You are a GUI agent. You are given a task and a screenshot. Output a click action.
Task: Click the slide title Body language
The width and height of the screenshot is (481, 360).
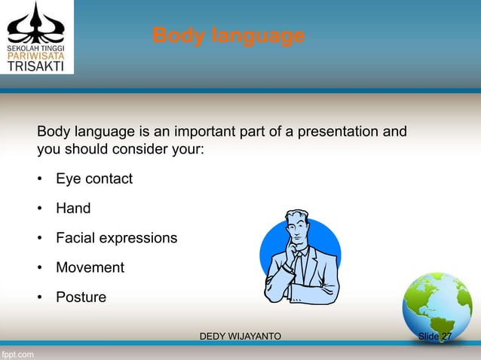pos(228,35)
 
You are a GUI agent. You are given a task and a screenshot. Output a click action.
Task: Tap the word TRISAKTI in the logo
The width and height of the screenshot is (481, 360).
pos(36,66)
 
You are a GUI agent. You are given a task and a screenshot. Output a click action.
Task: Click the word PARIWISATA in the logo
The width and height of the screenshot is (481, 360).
pos(36,54)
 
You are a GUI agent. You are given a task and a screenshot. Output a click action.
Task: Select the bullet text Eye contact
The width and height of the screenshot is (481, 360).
pos(94,179)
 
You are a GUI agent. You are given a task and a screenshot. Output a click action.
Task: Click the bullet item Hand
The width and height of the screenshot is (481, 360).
pos(73,209)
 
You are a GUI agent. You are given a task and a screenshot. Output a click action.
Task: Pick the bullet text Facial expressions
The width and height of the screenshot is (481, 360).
pos(117,238)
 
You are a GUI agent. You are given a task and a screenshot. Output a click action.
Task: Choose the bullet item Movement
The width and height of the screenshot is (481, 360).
pos(90,267)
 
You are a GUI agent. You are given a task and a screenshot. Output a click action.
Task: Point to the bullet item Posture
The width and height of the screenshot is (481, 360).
pos(81,297)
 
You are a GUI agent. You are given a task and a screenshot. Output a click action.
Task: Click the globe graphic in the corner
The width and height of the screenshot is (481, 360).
pos(436,305)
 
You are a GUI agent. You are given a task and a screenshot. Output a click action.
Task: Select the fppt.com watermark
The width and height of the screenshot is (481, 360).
pos(17,352)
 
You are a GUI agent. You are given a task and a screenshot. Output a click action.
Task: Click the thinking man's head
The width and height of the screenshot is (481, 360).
pos(299,226)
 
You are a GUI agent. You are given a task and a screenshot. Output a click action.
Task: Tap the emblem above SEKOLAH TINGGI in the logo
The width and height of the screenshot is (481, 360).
pos(36,21)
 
